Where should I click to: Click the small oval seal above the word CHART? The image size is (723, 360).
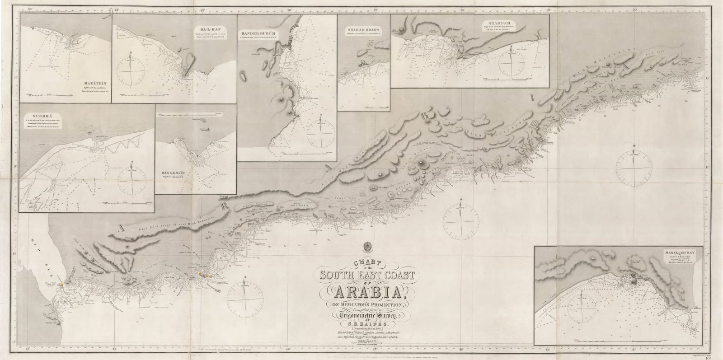coord(366,248)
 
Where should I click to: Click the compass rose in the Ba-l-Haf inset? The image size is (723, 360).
coord(131,73)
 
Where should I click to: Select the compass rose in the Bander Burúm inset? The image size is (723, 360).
coord(320,134)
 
